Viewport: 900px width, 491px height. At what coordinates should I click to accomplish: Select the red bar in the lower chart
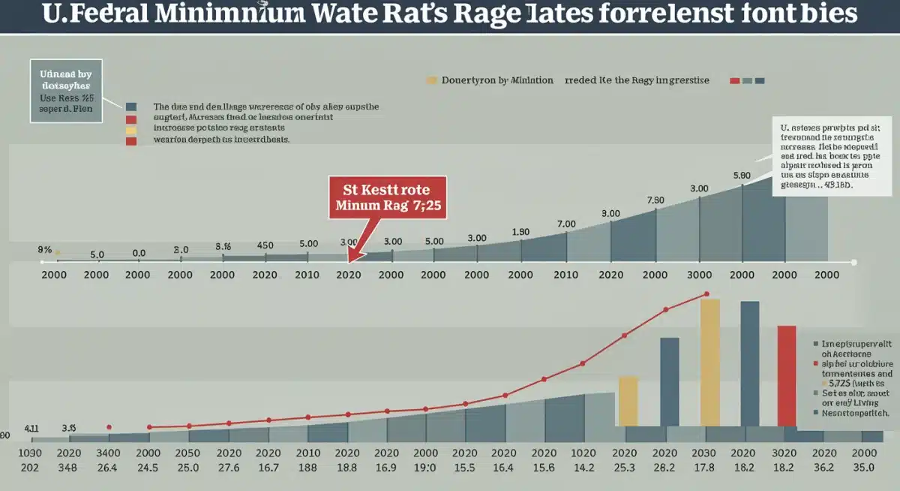click(786, 375)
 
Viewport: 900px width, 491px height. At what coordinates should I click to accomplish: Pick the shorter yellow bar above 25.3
click(628, 401)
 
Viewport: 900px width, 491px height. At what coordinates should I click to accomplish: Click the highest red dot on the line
click(706, 294)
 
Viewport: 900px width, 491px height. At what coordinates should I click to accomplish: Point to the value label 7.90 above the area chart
click(655, 200)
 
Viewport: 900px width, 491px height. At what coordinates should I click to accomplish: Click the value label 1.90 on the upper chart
click(520, 231)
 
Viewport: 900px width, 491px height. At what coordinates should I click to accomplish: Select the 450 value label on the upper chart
click(265, 245)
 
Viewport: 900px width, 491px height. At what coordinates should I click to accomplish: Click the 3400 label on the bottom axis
click(109, 453)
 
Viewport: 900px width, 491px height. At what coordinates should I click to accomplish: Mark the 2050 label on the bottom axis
click(187, 453)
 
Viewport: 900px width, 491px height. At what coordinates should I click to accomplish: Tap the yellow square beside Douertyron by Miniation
click(431, 80)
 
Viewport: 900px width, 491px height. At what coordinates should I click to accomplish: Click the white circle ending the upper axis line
click(854, 262)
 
